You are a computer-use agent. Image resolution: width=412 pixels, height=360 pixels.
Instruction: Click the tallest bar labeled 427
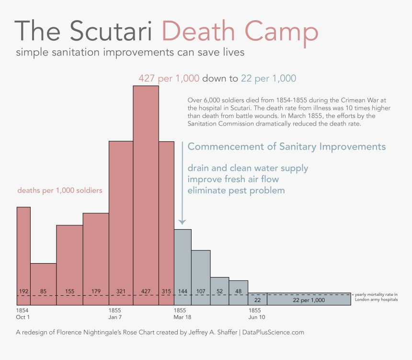[x=146, y=192]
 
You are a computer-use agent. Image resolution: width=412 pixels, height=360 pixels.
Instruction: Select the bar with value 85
[x=43, y=283]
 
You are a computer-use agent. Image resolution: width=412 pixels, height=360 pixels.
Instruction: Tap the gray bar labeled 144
[x=183, y=266]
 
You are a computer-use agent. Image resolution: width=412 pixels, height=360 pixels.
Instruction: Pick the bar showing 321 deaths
[x=121, y=221]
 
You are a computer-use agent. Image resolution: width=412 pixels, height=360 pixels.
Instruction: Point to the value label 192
[x=24, y=291]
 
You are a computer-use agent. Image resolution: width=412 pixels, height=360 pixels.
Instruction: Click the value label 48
[x=239, y=291]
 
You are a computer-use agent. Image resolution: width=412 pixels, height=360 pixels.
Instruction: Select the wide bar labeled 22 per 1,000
[x=309, y=299]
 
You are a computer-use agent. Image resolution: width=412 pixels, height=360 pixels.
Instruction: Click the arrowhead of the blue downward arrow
[x=182, y=221]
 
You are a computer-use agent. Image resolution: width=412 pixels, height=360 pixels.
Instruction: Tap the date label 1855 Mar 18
[x=183, y=314]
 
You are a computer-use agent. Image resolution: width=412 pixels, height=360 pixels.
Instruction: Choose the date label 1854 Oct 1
[x=23, y=314]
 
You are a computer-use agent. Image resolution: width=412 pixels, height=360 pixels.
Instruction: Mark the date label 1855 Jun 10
[x=256, y=314]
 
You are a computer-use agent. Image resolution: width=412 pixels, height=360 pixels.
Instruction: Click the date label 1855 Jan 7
[x=116, y=314]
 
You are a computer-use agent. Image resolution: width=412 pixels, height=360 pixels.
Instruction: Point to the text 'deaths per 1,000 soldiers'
[x=60, y=190]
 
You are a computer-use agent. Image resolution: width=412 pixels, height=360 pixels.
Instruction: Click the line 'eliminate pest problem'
[x=236, y=190]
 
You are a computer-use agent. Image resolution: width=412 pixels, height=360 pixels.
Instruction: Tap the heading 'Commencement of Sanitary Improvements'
[x=286, y=147]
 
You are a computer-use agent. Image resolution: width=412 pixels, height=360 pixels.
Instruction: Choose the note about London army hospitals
[x=376, y=297]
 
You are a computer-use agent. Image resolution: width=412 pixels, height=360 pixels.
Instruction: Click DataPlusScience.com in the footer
[x=274, y=332]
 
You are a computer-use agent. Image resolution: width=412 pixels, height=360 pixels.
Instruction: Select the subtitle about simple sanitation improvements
[x=130, y=52]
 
